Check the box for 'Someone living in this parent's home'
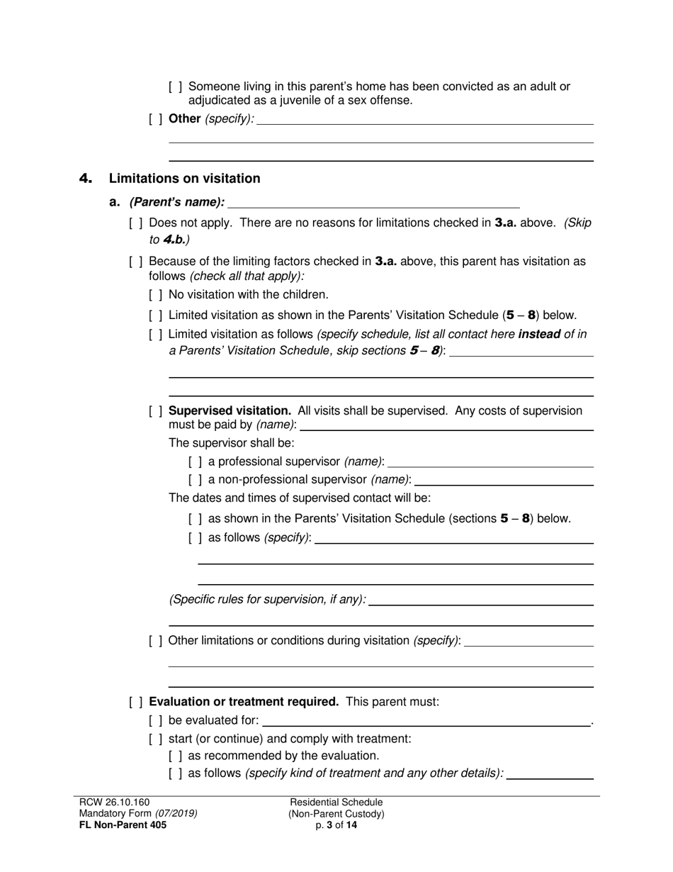point(176,86)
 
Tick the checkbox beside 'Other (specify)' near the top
point(156,118)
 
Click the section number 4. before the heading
point(86,179)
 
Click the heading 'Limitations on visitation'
point(184,179)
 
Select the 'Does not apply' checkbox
point(136,223)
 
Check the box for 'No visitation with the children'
point(156,294)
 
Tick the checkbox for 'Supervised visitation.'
point(156,411)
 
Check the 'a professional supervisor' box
point(196,462)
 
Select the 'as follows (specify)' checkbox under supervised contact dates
point(196,537)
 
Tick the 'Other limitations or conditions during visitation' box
point(156,641)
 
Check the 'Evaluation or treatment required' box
point(136,702)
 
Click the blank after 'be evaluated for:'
point(426,721)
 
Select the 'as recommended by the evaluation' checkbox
point(176,756)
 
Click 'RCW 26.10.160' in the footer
point(115,803)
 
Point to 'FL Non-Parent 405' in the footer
point(123,825)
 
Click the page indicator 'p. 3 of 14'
point(336,825)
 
